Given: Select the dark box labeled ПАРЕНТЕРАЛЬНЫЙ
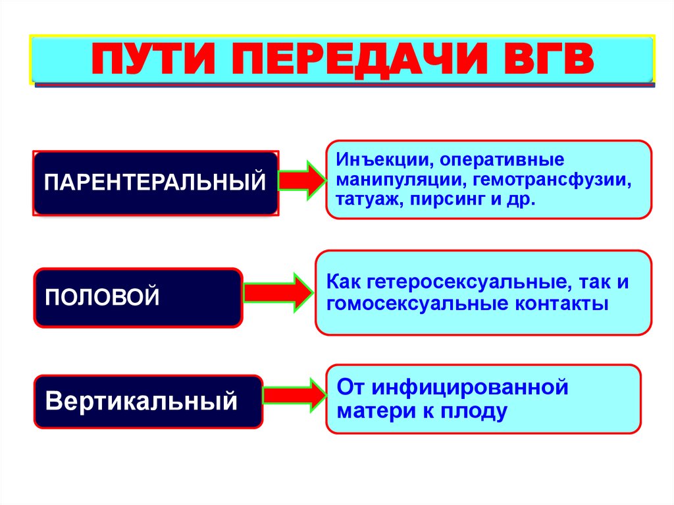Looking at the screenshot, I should tap(155, 182).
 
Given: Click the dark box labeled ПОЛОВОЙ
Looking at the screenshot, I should tap(138, 297).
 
